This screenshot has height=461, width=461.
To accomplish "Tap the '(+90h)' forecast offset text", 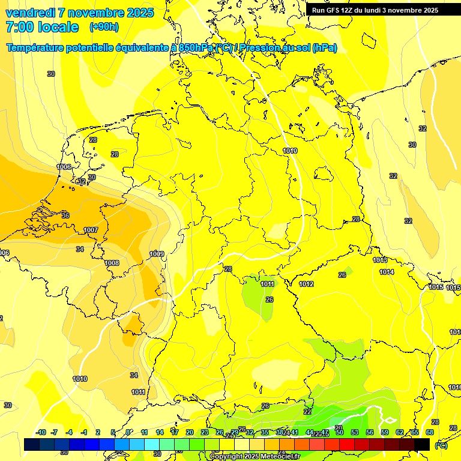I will coord(104,27).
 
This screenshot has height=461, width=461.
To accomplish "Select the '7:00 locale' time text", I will coord(42,27).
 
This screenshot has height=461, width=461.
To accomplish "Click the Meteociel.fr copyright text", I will coord(255,456).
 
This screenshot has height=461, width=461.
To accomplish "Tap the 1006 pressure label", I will coord(64,167).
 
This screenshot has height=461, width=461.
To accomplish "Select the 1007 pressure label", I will coord(91,230).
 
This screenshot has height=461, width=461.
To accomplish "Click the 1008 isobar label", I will coord(112,263).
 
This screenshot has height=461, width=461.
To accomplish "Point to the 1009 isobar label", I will coord(157,254).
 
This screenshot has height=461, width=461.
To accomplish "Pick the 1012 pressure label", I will coord(306,284).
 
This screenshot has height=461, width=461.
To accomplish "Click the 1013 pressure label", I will coord(379,260).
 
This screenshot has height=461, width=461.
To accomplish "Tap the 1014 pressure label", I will coord(387,272).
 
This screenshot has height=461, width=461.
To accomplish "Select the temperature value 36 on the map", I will coord(65,215).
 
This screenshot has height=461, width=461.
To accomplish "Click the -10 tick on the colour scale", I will coord(41,432).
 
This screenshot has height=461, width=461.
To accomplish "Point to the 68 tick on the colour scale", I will coord(430,432).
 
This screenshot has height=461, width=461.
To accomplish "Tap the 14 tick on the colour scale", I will coord(160,432).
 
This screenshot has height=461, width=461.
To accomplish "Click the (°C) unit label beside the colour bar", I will coord(441,445).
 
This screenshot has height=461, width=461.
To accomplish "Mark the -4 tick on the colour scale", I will coord(69,432).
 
